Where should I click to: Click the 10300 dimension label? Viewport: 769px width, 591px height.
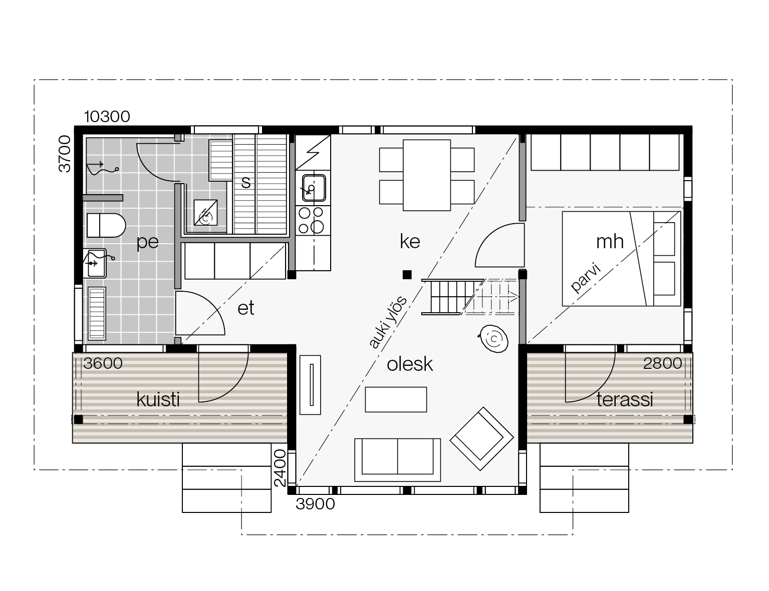pyautogui.click(x=107, y=117)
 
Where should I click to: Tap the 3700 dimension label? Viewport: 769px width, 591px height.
pyautogui.click(x=65, y=154)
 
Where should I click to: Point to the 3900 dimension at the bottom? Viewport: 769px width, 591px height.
pyautogui.click(x=315, y=504)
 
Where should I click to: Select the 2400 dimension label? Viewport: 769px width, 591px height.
pyautogui.click(x=280, y=468)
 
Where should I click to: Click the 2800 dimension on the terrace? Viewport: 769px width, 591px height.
pyautogui.click(x=662, y=363)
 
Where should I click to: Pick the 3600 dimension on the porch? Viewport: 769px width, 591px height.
pyautogui.click(x=103, y=363)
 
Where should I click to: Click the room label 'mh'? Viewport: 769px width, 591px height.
pyautogui.click(x=610, y=242)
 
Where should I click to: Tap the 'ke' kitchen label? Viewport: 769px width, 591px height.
pyautogui.click(x=410, y=242)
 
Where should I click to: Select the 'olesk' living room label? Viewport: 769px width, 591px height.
pyautogui.click(x=410, y=364)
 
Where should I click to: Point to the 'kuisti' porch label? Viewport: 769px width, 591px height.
pyautogui.click(x=158, y=400)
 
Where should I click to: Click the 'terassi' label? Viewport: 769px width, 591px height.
pyautogui.click(x=625, y=400)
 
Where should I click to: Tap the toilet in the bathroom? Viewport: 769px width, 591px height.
pyautogui.click(x=106, y=225)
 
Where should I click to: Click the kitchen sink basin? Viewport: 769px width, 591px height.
pyautogui.click(x=313, y=188)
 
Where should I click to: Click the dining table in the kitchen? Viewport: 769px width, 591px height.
pyautogui.click(x=427, y=175)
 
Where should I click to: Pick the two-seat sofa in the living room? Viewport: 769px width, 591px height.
pyautogui.click(x=397, y=460)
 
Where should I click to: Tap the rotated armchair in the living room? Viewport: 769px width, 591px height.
pyautogui.click(x=481, y=439)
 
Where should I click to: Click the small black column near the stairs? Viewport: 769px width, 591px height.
pyautogui.click(x=407, y=275)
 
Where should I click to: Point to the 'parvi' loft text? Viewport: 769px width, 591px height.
pyautogui.click(x=586, y=277)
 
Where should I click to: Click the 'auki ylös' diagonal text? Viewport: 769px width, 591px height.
pyautogui.click(x=388, y=322)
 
